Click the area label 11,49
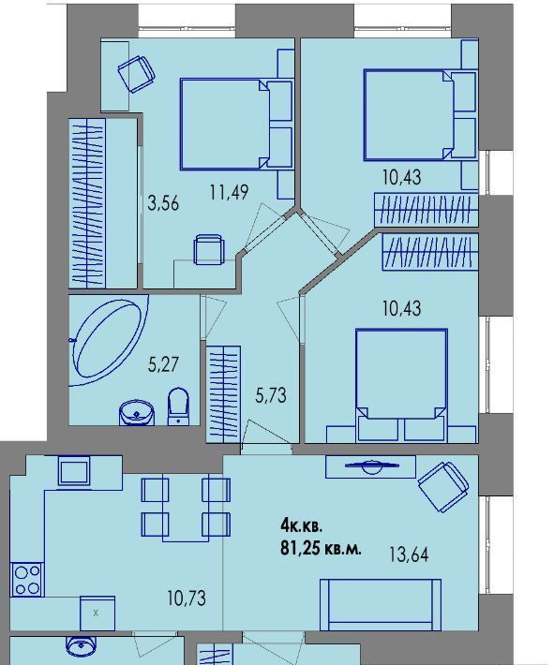tap(229, 192)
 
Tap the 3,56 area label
tap(163, 203)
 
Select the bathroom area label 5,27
tap(163, 364)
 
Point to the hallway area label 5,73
tap(271, 395)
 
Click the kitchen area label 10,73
tap(187, 598)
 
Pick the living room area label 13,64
tap(409, 554)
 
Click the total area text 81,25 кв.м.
tap(321, 549)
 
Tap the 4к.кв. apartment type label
tap(302, 527)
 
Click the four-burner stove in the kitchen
tap(27, 579)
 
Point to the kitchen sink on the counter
tap(74, 471)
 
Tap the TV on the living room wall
tap(372, 466)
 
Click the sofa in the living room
tap(381, 605)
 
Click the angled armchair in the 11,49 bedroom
tap(136, 74)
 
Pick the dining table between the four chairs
tap(186, 508)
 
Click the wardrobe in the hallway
tap(223, 394)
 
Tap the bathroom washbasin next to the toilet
tap(137, 412)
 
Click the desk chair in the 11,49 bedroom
tap(208, 249)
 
